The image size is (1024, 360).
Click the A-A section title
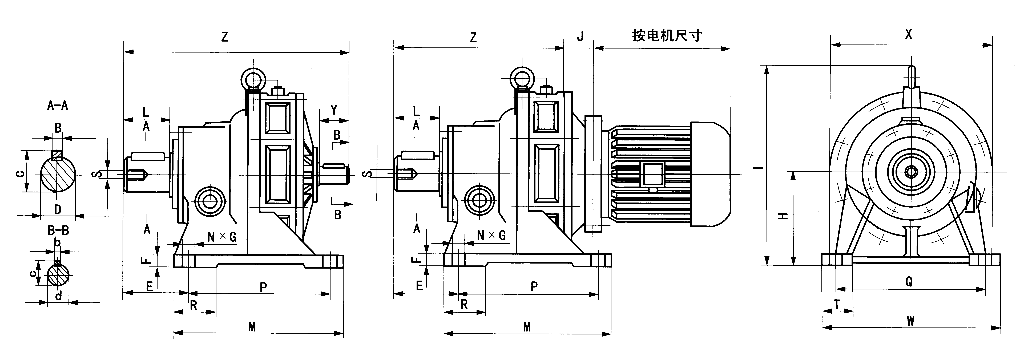tap(58, 106)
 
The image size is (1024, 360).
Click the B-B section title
tap(58, 230)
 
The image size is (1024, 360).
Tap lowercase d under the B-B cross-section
tap(58, 296)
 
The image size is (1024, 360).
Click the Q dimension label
tap(909, 282)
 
